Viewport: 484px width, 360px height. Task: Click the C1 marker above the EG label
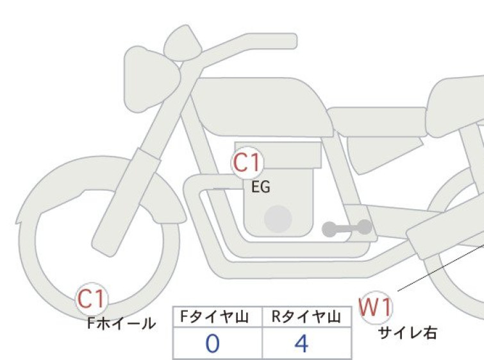pyautogui.click(x=247, y=162)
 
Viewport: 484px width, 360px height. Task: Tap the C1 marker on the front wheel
pyautogui.click(x=92, y=299)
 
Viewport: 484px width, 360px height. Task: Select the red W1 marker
pyautogui.click(x=376, y=307)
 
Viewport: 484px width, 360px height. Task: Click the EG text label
pyautogui.click(x=261, y=187)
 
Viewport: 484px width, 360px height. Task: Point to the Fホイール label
pyautogui.click(x=121, y=323)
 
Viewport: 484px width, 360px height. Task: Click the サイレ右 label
pyautogui.click(x=408, y=333)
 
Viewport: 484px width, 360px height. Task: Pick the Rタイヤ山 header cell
pyautogui.click(x=306, y=317)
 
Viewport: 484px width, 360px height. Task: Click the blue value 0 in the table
pyautogui.click(x=213, y=343)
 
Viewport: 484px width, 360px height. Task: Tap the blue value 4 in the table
pyautogui.click(x=301, y=343)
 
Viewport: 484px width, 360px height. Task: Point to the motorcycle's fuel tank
pyautogui.click(x=262, y=107)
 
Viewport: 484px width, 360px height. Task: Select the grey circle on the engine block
pyautogui.click(x=278, y=219)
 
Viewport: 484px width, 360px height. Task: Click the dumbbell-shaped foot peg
pyautogui.click(x=347, y=228)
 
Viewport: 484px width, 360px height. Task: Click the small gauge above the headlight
pyautogui.click(x=183, y=42)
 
